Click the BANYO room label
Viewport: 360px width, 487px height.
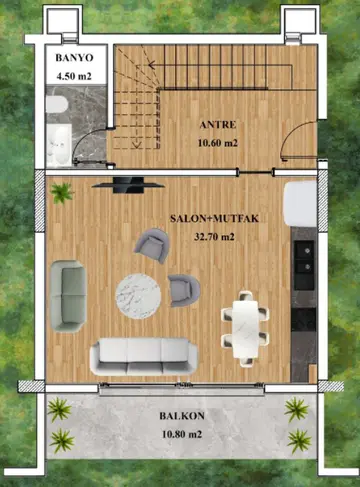point(74,58)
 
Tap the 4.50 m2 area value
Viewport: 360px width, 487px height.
point(74,76)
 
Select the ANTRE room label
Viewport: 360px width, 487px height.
point(218,125)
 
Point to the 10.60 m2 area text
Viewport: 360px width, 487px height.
point(218,143)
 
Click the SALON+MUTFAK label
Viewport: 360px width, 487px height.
point(214,218)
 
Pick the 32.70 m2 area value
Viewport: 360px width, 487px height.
point(214,237)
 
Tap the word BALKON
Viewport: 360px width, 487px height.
point(182,416)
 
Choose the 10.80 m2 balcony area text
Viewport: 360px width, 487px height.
point(182,435)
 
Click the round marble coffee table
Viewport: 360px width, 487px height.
point(138,296)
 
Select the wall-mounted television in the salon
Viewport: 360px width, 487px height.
point(128,185)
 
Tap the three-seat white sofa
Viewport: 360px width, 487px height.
point(144,356)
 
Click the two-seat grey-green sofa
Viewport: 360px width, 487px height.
point(68,296)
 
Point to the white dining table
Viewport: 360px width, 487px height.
point(245,328)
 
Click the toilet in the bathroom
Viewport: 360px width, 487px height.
point(57,104)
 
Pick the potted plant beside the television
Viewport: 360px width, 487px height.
point(61,193)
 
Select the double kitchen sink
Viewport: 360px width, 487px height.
point(305,258)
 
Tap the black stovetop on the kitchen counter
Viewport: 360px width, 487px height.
point(303,319)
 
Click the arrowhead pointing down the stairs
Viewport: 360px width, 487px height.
point(137,144)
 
